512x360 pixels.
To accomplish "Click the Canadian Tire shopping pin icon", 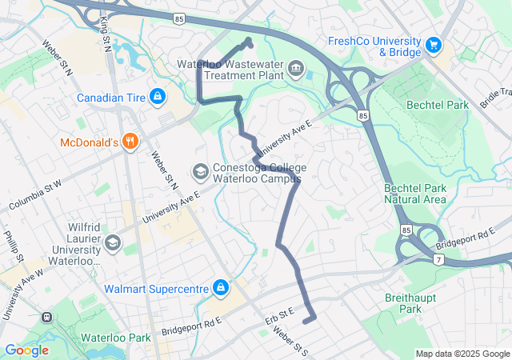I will (x=157, y=98).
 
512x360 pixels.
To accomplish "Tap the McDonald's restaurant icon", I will (x=130, y=142).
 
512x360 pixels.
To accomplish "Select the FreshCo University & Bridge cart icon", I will (x=434, y=45).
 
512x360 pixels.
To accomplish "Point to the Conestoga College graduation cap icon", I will (x=200, y=171).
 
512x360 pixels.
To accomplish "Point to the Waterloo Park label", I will (x=116, y=338).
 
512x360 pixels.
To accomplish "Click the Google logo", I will (x=26, y=350).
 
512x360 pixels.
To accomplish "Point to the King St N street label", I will (x=105, y=33).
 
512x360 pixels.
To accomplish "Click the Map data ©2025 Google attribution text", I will (x=462, y=354).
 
